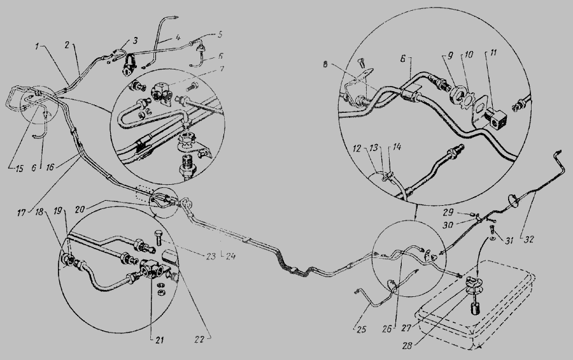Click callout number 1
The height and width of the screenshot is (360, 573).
tap(37, 46)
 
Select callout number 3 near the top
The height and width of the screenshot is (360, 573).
tap(135, 40)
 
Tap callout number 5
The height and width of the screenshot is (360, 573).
tap(220, 35)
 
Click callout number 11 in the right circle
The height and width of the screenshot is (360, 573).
tap(493, 54)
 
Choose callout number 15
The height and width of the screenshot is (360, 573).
tap(19, 168)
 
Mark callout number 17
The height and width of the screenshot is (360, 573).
tap(22, 212)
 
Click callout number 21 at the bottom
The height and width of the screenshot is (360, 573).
tap(159, 341)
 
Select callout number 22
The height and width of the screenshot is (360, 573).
tap(199, 340)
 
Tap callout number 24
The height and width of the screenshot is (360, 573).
tap(230, 257)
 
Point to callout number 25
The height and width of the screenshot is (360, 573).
tap(361, 329)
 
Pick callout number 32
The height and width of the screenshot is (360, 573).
tap(529, 240)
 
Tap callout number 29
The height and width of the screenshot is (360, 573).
tap(448, 212)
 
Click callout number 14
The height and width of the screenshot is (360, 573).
tap(397, 147)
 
